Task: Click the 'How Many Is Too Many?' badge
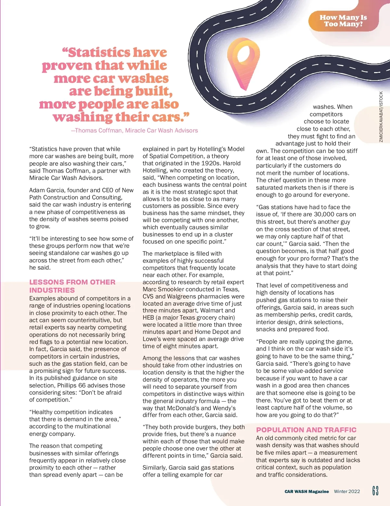click(343, 20)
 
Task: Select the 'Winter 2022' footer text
click(347, 491)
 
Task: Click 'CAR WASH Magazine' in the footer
click(306, 491)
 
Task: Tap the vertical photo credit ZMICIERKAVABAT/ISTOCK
click(381, 117)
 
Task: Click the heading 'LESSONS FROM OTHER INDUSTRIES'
click(72, 286)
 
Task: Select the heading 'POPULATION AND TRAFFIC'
click(306, 430)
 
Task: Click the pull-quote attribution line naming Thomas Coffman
click(135, 131)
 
